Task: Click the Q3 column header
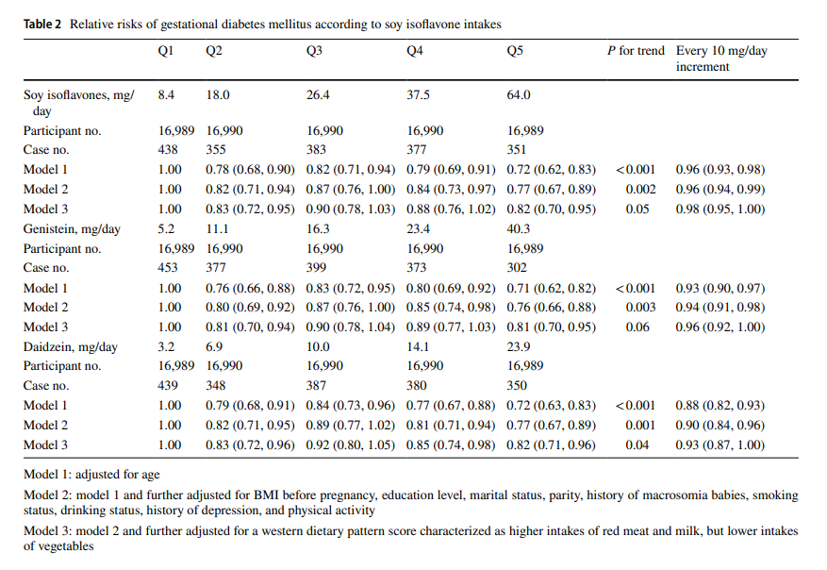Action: click(315, 51)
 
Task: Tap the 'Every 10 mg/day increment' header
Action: click(720, 59)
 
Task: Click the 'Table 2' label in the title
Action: click(43, 23)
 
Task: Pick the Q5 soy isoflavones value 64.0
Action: click(519, 95)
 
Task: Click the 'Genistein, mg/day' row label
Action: click(72, 229)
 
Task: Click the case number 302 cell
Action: click(518, 268)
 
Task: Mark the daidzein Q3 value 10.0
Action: click(318, 347)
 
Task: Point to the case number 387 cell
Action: click(319, 386)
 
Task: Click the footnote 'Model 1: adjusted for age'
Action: click(91, 475)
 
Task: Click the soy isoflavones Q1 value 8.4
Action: click(167, 95)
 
